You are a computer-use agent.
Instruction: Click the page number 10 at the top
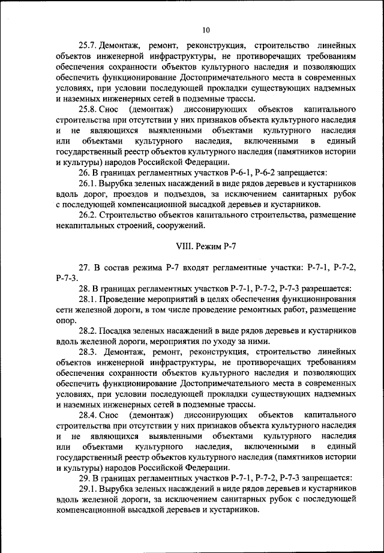pyautogui.click(x=205, y=29)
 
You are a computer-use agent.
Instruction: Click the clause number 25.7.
pyautogui.click(x=87, y=46)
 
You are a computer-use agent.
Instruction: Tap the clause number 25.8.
pyautogui.click(x=87, y=110)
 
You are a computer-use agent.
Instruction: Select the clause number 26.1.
pyautogui.click(x=87, y=183)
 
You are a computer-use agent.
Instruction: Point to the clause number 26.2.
pyautogui.click(x=87, y=216)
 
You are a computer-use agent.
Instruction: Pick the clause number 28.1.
pyautogui.click(x=87, y=298)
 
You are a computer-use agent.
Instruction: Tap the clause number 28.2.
pyautogui.click(x=87, y=331)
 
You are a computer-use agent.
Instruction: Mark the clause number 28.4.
pyautogui.click(x=87, y=415)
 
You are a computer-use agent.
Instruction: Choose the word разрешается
pyautogui.click(x=327, y=288)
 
